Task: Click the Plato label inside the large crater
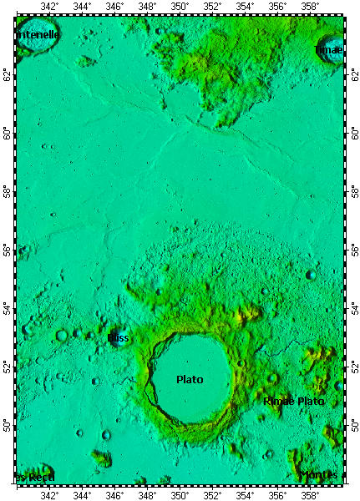pos(190,379)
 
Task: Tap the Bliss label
pos(118,338)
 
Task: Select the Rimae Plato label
pos(293,402)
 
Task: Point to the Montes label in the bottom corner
pos(318,475)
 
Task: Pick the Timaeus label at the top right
pos(328,51)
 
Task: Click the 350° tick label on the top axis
pos(180,7)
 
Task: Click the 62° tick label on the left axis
pos(8,74)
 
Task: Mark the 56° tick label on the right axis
pos(352,250)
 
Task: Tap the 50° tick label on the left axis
pos(8,426)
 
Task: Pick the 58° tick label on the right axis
pos(352,191)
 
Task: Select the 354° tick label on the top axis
pos(245,7)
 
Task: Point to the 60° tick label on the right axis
pos(352,133)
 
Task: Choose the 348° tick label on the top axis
pos(147,7)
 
